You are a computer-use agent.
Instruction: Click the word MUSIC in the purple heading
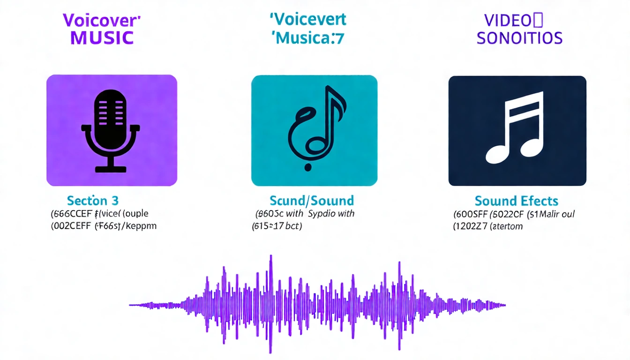[102, 37]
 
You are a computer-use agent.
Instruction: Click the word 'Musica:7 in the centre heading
[308, 37]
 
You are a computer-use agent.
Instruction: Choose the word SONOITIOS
[519, 38]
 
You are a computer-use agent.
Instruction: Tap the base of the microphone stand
[111, 168]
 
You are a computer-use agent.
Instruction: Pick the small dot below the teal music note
[307, 166]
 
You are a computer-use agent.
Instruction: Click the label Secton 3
[93, 201]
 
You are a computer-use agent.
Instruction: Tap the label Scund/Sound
[312, 201]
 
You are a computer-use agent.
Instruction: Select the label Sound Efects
[517, 202]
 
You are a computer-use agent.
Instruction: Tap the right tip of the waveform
[504, 305]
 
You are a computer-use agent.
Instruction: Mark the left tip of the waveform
[131, 305]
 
